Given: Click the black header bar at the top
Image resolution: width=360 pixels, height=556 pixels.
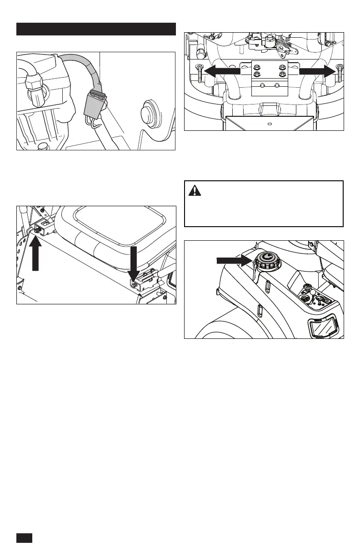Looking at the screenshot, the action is coord(96,29).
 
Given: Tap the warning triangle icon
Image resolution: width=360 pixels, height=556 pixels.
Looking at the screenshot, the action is coord(195,191).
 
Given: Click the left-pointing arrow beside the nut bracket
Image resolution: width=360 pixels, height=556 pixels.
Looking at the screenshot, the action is coord(221,70).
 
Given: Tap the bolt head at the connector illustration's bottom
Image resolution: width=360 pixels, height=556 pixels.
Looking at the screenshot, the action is coord(44,146).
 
